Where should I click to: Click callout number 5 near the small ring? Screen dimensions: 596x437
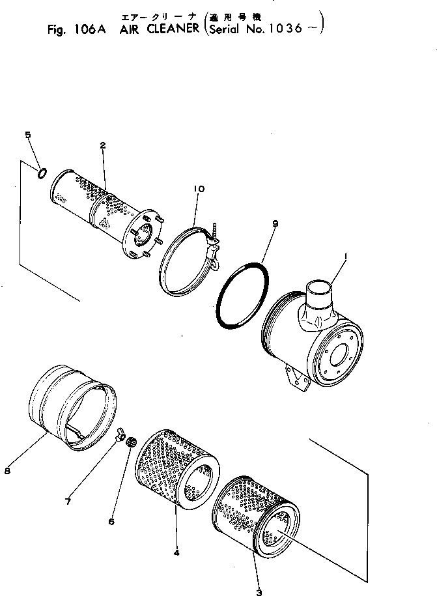tap(27, 135)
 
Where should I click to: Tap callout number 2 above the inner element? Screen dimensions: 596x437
tap(103, 145)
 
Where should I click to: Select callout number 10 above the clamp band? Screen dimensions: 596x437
tap(198, 190)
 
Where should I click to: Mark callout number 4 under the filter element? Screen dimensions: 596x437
tap(176, 553)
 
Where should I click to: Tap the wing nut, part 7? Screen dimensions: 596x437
tap(119, 434)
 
